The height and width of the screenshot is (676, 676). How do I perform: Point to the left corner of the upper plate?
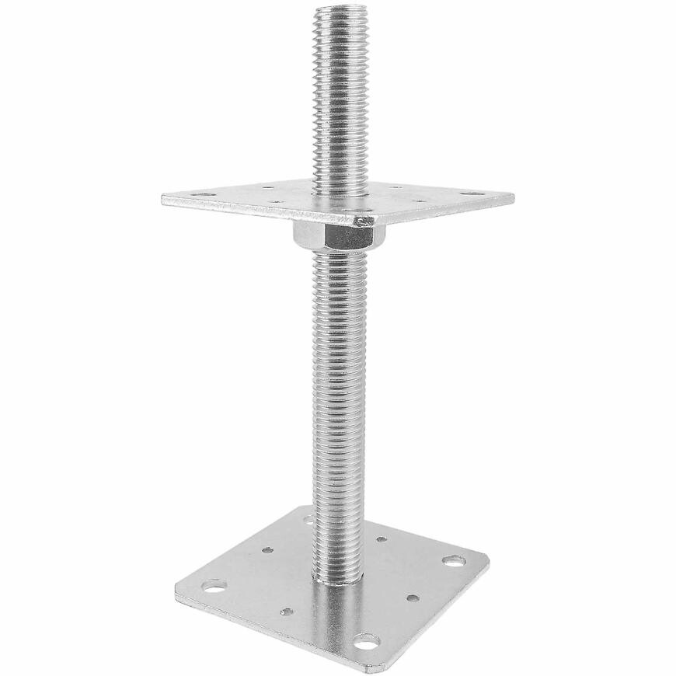pyautogui.click(x=164, y=200)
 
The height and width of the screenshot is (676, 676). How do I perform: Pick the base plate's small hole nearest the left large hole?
pyautogui.click(x=266, y=550)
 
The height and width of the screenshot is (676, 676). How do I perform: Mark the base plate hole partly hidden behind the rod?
pyautogui.click(x=309, y=516)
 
